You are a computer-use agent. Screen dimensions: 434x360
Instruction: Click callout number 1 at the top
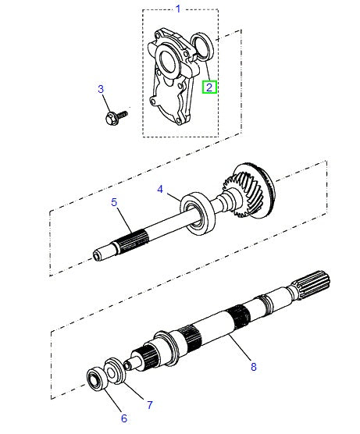[x=177, y=9]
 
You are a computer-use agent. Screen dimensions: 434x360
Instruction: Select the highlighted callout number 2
[x=210, y=87]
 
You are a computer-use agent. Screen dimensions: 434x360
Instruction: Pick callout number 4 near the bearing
[x=159, y=189]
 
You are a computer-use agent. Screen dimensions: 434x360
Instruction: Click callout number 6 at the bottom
[x=123, y=418]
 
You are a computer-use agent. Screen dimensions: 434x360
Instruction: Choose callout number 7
[x=149, y=404]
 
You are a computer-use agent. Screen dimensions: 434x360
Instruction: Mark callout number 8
[x=252, y=365]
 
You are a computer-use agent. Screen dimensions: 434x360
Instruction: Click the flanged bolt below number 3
[x=112, y=118]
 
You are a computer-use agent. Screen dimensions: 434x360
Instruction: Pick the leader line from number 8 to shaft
[x=240, y=350]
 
